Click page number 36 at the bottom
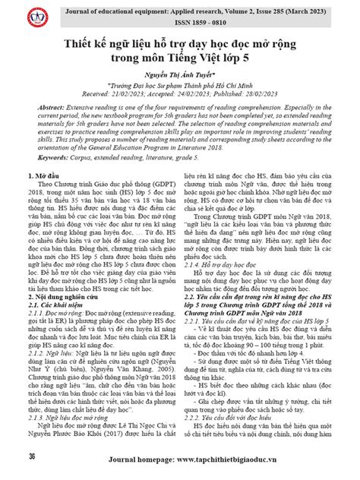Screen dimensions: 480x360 tap(31, 457)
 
